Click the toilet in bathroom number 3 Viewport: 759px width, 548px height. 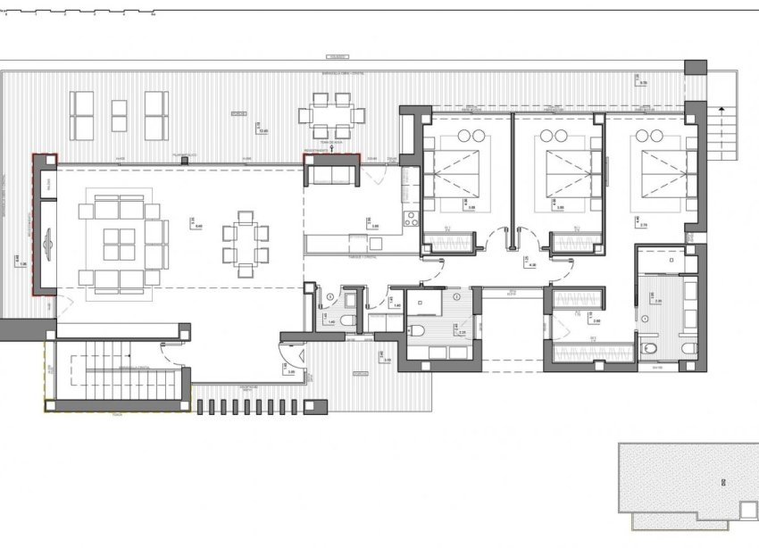pyautogui.click(x=351, y=320)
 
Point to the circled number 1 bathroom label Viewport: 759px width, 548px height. pyautogui.click(x=645, y=319)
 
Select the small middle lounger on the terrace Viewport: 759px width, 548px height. pyautogui.click(x=119, y=115)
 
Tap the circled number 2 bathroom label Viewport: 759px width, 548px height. pyautogui.click(x=456, y=295)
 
